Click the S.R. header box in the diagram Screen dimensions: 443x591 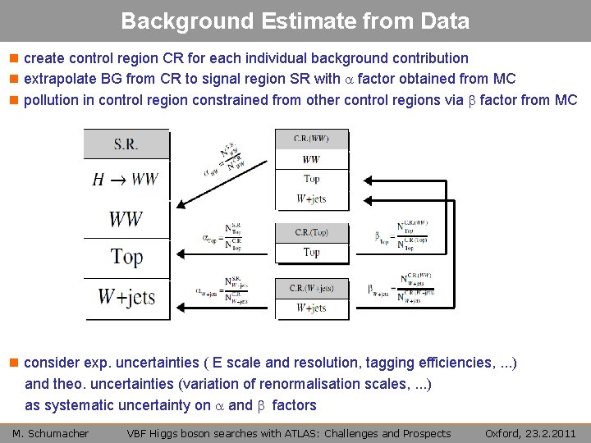pyautogui.click(x=126, y=144)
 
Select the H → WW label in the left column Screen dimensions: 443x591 pyautogui.click(x=126, y=180)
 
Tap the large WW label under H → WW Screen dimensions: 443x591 pyautogui.click(x=126, y=218)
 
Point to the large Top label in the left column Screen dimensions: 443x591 pyautogui.click(x=126, y=257)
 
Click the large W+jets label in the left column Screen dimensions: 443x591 pyautogui.click(x=126, y=296)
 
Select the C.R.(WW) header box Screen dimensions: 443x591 pyautogui.click(x=311, y=139)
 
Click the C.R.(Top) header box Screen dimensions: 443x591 pyautogui.click(x=311, y=233)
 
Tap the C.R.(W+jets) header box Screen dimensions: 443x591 pyautogui.click(x=311, y=288)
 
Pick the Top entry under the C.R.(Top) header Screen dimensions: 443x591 pyautogui.click(x=311, y=253)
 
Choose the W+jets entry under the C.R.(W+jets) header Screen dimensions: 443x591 pyautogui.click(x=311, y=308)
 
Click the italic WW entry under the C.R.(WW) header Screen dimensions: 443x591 pyautogui.click(x=311, y=159)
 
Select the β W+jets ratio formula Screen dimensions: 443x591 pyautogui.click(x=402, y=288)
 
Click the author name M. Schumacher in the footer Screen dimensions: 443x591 pyautogui.click(x=50, y=433)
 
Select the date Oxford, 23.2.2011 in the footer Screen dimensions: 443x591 pyautogui.click(x=529, y=433)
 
